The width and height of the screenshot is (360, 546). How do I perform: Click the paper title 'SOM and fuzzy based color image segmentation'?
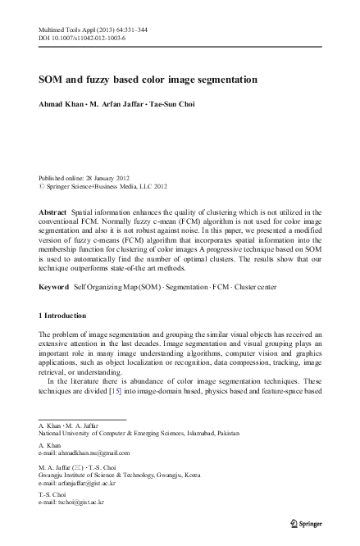(x=148, y=80)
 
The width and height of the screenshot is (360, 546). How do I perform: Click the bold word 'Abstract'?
(x=53, y=212)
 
